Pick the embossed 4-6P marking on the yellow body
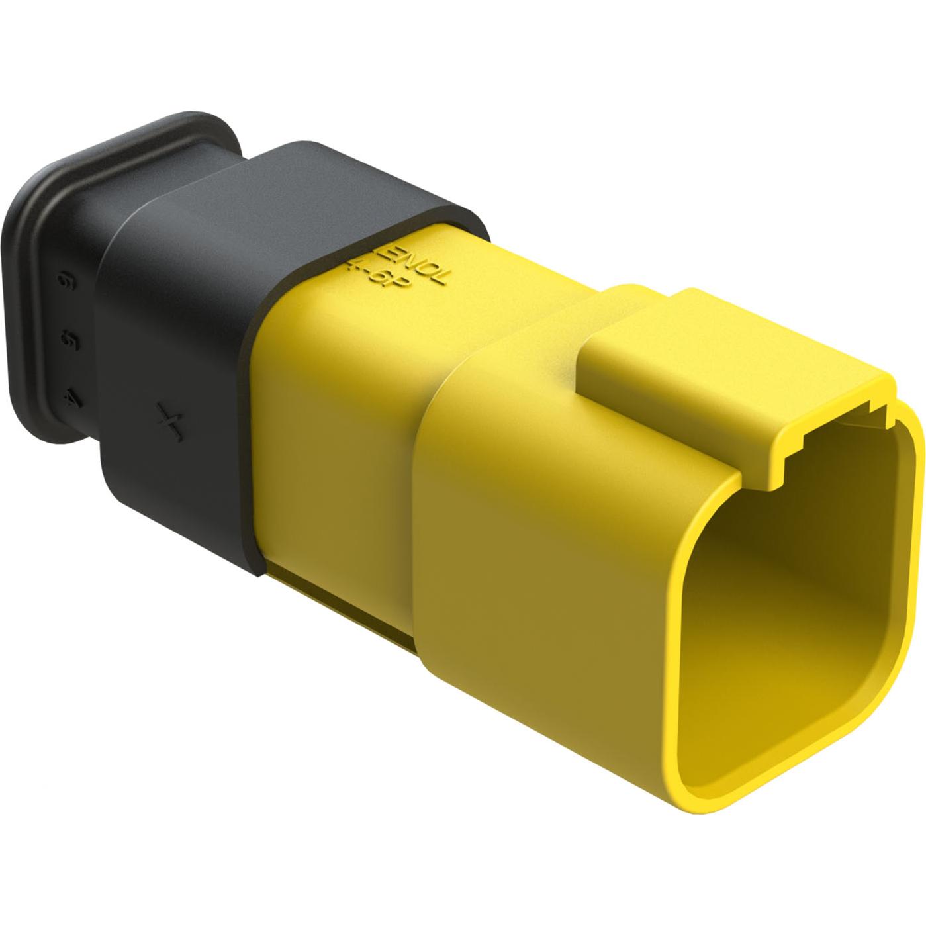point(387,273)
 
